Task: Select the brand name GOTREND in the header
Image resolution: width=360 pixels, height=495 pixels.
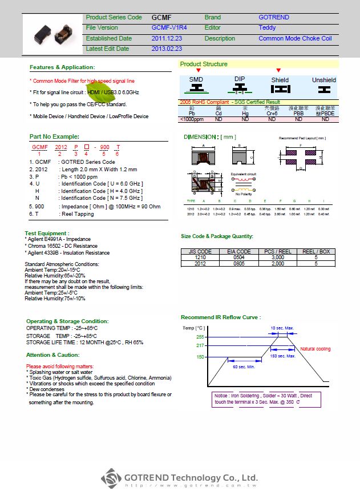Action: pyautogui.click(x=274, y=18)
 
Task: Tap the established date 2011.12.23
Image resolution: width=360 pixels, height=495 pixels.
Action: pyautogui.click(x=167, y=38)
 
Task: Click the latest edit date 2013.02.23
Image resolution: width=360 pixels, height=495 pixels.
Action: pyautogui.click(x=167, y=49)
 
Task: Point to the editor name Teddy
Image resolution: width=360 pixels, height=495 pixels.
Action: pyautogui.click(x=267, y=27)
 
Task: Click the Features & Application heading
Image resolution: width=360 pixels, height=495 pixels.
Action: pyautogui.click(x=62, y=67)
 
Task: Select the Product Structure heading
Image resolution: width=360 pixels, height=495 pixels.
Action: pyautogui.click(x=204, y=64)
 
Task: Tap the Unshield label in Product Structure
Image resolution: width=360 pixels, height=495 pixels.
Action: pyautogui.click(x=324, y=81)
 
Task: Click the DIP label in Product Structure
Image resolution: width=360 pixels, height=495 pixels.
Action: pyautogui.click(x=240, y=79)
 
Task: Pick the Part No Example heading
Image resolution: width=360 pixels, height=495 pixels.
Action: pyautogui.click(x=54, y=136)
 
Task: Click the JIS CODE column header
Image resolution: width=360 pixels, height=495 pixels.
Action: pyautogui.click(x=200, y=251)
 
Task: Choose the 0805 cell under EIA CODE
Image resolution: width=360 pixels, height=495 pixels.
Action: pyautogui.click(x=239, y=264)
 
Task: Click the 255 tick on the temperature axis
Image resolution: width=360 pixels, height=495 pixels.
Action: pyautogui.click(x=200, y=337)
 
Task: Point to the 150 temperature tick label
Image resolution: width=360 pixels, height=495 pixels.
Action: pyautogui.click(x=200, y=357)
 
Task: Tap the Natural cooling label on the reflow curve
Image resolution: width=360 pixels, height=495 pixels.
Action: pyautogui.click(x=315, y=349)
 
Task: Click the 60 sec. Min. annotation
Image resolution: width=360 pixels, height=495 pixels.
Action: pyautogui.click(x=243, y=367)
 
